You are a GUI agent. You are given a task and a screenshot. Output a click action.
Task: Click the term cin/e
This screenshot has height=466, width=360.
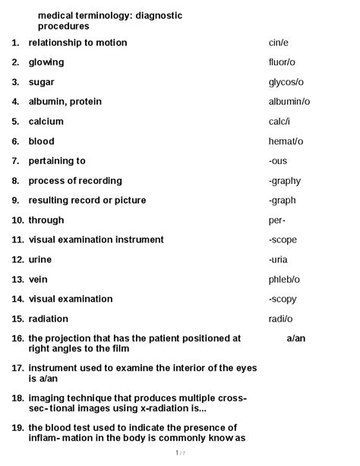click(x=279, y=43)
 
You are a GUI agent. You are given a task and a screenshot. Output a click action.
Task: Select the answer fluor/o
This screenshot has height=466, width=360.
click(x=283, y=62)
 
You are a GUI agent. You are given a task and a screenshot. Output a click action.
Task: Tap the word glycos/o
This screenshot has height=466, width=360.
click(x=286, y=82)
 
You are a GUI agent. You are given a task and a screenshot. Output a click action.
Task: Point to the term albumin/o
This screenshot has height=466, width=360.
click(x=289, y=102)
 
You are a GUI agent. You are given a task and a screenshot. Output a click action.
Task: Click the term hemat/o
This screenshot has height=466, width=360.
click(x=286, y=141)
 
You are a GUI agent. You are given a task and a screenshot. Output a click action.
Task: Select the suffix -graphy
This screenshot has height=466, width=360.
click(x=285, y=181)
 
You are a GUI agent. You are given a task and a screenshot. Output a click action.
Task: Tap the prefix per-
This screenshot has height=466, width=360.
click(x=277, y=220)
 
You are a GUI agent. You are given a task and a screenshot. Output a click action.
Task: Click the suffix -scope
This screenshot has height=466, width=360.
click(x=283, y=239)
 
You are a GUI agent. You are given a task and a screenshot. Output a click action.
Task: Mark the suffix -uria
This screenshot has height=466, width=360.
click(x=278, y=260)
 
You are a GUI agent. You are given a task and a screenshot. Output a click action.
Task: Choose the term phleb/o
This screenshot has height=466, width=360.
click(x=284, y=280)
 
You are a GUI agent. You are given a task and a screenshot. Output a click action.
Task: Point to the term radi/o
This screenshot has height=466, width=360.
click(x=280, y=319)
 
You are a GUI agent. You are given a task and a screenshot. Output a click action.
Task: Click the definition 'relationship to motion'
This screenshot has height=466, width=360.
click(x=77, y=43)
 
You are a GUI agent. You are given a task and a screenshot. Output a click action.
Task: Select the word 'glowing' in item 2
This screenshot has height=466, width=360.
click(x=46, y=62)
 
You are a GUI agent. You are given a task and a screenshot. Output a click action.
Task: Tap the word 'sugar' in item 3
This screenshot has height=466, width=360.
click(x=42, y=82)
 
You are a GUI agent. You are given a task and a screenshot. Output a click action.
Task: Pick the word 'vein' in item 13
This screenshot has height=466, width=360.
click(x=38, y=280)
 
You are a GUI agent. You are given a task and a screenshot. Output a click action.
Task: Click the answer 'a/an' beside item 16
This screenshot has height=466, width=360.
click(x=296, y=338)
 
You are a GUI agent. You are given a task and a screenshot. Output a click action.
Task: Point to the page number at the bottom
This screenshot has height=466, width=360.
click(x=179, y=453)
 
